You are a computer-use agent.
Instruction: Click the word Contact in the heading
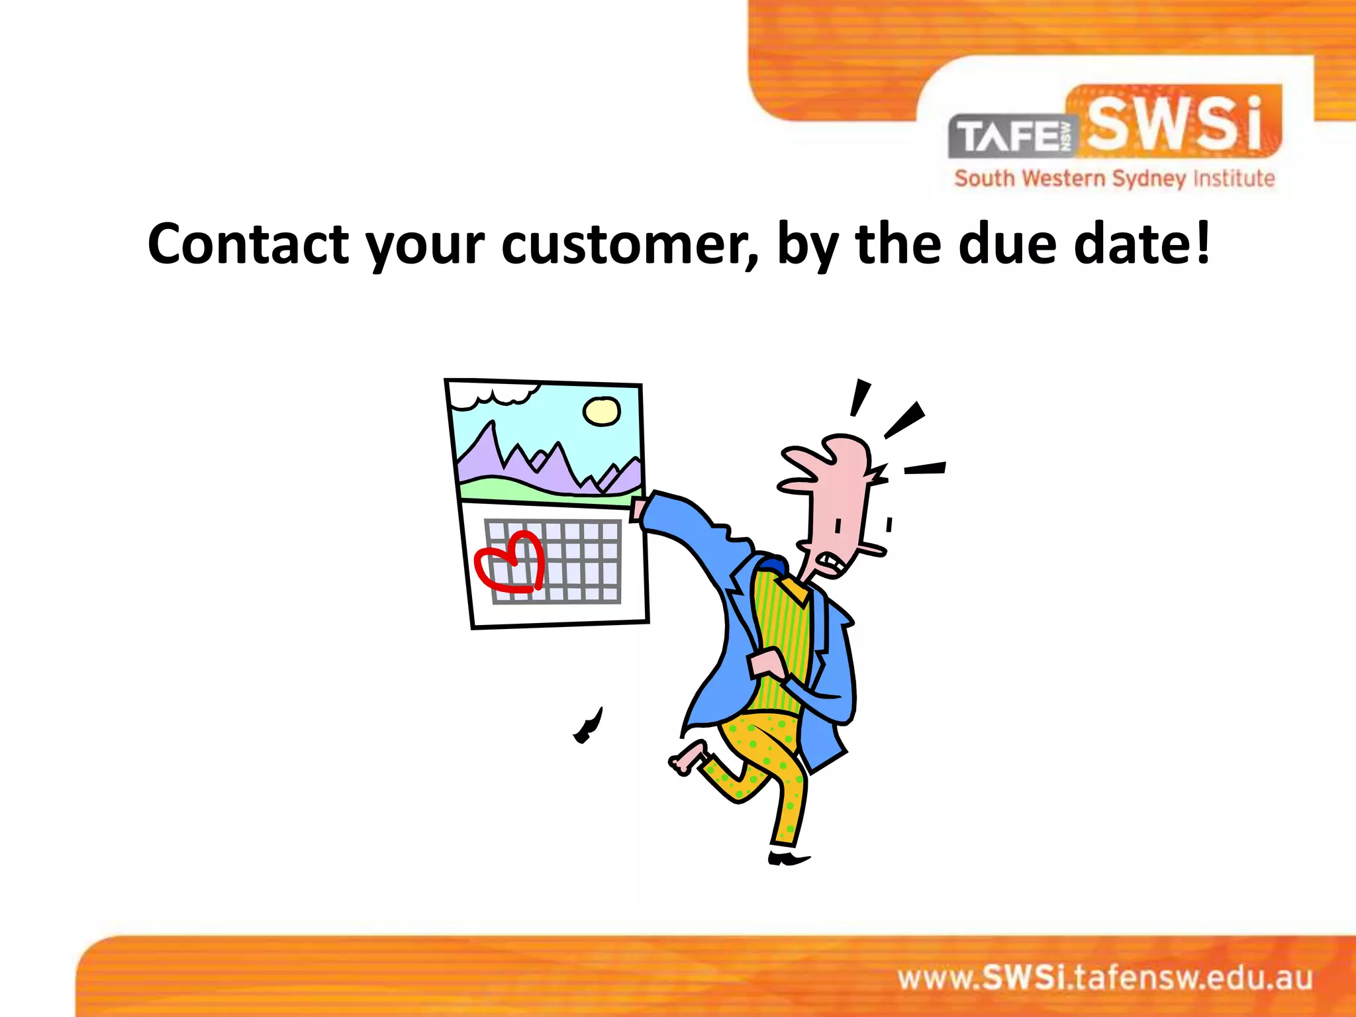pyautogui.click(x=248, y=244)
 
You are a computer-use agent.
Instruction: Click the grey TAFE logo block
pyautogui.click(x=1013, y=136)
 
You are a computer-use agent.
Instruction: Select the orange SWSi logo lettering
pyautogui.click(x=1176, y=123)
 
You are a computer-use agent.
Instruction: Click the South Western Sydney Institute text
pyautogui.click(x=1114, y=179)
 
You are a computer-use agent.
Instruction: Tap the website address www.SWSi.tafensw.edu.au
pyautogui.click(x=1104, y=979)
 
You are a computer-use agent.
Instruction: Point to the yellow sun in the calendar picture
pyautogui.click(x=601, y=411)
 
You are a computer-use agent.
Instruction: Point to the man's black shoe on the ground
pyautogui.click(x=788, y=859)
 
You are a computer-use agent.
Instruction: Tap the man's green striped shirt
pyautogui.click(x=781, y=636)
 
